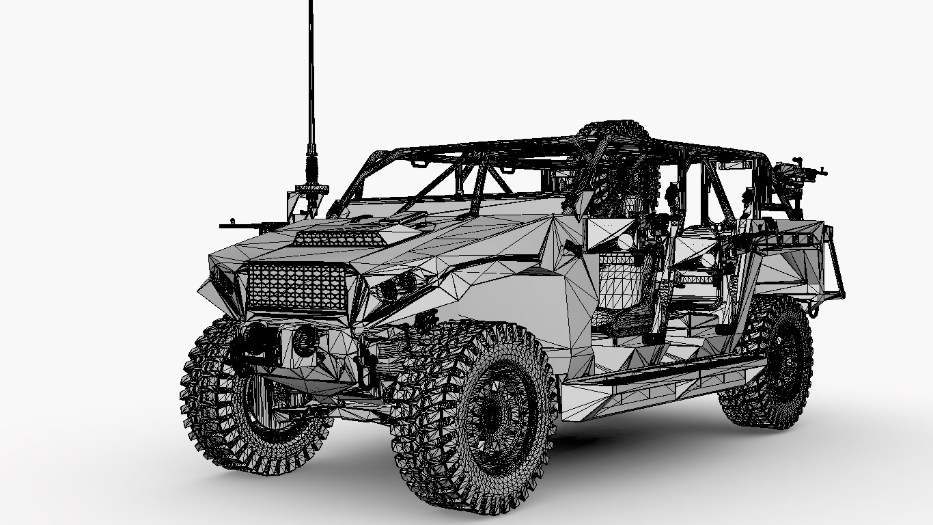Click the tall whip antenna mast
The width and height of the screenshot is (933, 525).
pos(311,75)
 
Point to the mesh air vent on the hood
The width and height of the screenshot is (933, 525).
pos(339,237)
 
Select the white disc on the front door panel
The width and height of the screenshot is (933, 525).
pos(624,241)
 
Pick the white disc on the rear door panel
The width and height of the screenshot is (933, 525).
pos(708,260)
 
